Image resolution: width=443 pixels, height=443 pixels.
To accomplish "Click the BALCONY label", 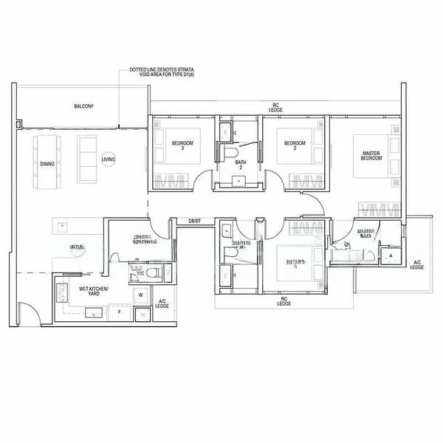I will coord(83,107).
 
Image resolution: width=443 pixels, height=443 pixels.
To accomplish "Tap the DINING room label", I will coord(47,165).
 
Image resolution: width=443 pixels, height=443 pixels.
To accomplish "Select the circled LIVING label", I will coord(109,159).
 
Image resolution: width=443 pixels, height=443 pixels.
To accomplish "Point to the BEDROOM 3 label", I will coord(182,145).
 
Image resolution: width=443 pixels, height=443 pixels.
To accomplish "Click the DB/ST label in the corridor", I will coord(195,221).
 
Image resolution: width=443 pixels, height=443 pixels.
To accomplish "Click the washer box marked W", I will coord(140,295).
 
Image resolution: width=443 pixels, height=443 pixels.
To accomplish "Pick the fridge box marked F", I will coord(120,313).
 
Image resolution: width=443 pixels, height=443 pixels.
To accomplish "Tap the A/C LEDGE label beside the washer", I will coord(163,303).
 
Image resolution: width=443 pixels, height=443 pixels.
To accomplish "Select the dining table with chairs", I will coord(47,151).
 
